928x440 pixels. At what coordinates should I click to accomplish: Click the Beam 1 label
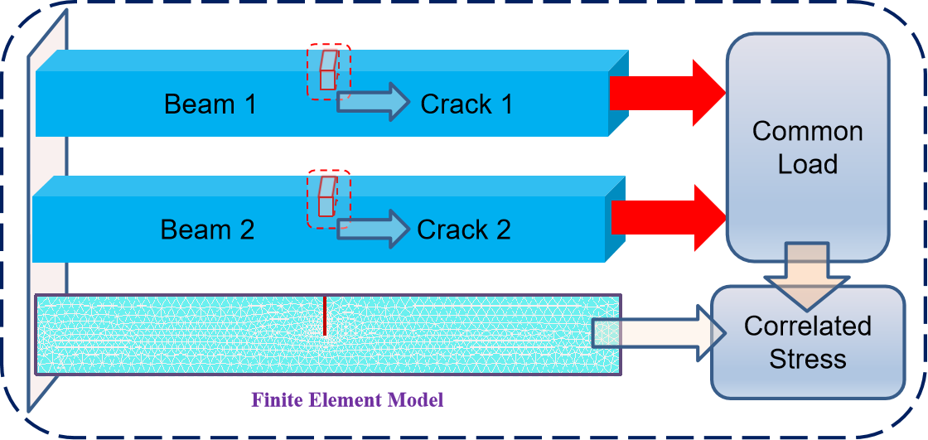tap(210, 104)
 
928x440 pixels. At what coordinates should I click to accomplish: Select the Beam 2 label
tap(207, 230)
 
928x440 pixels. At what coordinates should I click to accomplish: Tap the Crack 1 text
tap(466, 104)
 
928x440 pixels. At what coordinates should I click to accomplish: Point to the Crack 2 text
tap(464, 230)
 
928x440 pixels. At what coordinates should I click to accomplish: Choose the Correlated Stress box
tap(807, 341)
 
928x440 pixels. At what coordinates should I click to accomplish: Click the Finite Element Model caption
tap(349, 401)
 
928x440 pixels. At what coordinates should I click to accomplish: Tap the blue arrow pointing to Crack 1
tap(374, 101)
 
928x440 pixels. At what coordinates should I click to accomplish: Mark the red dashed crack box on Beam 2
tap(329, 198)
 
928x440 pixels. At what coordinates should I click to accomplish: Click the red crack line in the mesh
tap(325, 316)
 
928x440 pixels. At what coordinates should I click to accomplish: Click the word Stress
tap(807, 359)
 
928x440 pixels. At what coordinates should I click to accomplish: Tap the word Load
tap(807, 164)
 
